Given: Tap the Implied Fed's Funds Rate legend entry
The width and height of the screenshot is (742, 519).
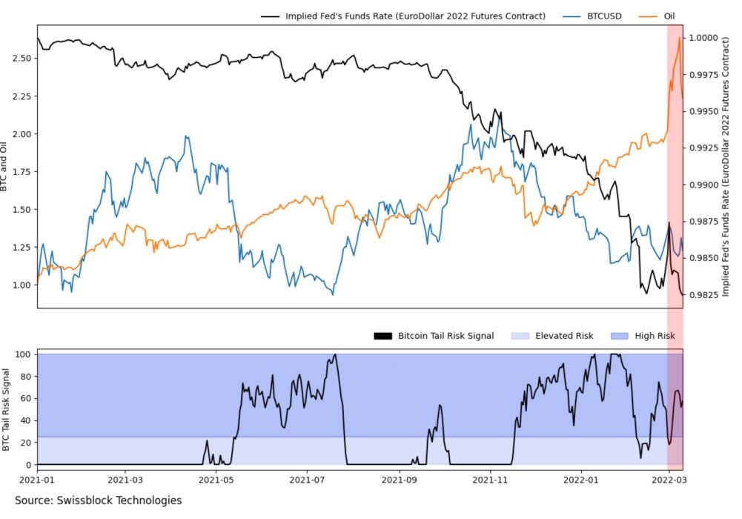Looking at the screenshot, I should [415, 16].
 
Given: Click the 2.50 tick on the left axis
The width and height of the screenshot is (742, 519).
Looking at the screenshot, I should [20, 58].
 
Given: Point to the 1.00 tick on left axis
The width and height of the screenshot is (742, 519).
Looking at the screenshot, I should [20, 285].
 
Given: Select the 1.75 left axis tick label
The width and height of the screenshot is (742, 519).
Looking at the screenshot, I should [20, 171].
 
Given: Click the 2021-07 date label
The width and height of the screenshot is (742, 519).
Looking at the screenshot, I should [307, 480].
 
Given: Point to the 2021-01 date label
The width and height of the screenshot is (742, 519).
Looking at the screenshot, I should [37, 480].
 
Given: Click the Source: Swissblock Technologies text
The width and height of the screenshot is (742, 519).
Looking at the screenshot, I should [98, 500].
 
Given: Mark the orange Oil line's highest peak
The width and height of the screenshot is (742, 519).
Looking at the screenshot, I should [678, 39].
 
